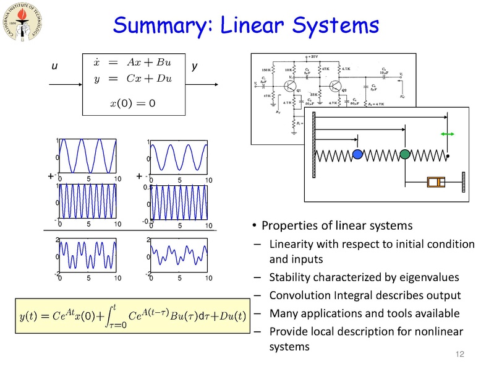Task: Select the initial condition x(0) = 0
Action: click(x=132, y=102)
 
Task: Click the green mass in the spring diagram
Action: click(x=404, y=154)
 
